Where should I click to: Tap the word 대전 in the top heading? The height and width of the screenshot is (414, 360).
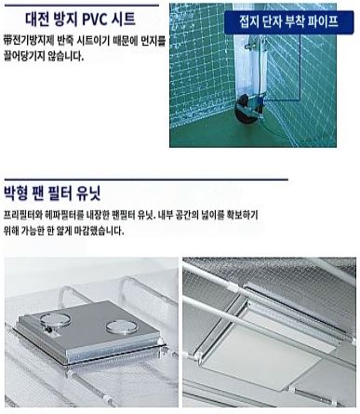coord(36,20)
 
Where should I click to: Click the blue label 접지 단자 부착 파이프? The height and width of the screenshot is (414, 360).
coord(288,22)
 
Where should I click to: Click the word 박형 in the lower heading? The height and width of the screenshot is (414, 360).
coord(15,193)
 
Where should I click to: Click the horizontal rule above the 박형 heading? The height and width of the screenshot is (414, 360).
coord(146,180)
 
